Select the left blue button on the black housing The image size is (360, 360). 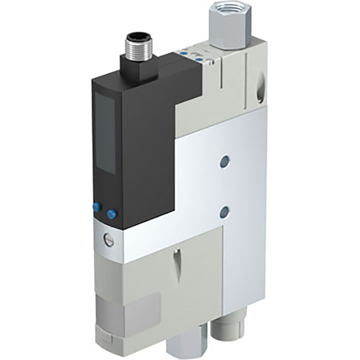pyautogui.click(x=97, y=206)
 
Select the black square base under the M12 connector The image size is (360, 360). pyautogui.click(x=136, y=68)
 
